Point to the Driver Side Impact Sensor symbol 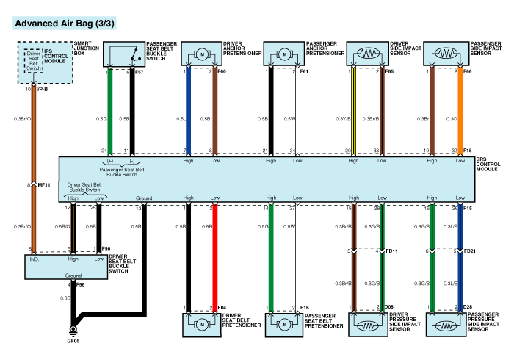pyautogui.click(x=367, y=54)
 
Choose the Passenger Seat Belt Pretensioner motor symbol pyautogui.click(x=284, y=323)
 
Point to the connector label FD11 pyautogui.click(x=393, y=251)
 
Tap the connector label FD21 pyautogui.click(x=471, y=251)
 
